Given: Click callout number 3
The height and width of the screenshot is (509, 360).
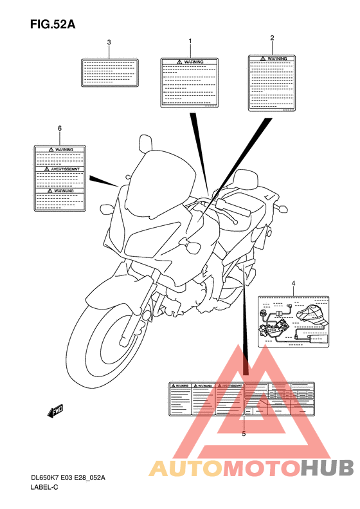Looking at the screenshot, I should pos(109,42).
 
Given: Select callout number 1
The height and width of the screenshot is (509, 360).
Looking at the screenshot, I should pos(190,41).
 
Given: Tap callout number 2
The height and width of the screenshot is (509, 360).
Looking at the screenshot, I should pos(272,38).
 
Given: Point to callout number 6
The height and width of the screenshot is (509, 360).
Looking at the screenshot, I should pos(60,128).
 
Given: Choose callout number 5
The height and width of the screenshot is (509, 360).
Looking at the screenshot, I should pos(244,434).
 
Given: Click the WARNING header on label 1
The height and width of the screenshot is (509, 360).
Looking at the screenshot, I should pos(190,62).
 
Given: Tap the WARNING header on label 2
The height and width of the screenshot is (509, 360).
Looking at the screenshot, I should pos(273,59).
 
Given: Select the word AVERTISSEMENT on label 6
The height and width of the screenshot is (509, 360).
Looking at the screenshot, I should pos(60,169).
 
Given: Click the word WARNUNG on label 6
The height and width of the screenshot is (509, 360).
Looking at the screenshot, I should pos(60,191).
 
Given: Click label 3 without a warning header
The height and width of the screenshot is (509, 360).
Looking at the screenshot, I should pos(109,73).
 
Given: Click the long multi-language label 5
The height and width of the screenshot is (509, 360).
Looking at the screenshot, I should pos(241,398).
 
